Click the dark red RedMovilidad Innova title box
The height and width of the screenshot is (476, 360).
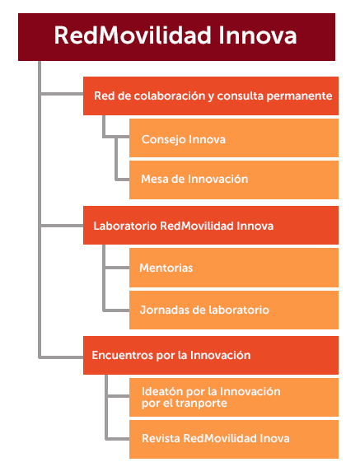[x=176, y=37]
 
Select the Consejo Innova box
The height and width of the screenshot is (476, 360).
[x=234, y=138]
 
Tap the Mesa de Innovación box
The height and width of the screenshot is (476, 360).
[x=234, y=180]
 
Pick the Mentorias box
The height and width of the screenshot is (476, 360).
[x=234, y=268]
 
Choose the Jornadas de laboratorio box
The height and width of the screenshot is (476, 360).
[x=234, y=310]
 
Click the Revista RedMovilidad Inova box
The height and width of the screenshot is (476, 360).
[x=234, y=439]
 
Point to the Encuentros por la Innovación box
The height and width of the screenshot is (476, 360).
[x=211, y=355]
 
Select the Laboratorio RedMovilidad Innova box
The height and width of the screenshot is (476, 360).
[x=211, y=226]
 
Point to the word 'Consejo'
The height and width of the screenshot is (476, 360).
[x=163, y=140]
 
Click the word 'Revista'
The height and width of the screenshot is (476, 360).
[x=161, y=438]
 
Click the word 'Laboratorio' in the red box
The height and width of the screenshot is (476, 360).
[x=125, y=226]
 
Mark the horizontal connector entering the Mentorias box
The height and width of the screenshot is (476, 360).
[x=117, y=268]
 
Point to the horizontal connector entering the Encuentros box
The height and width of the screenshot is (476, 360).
[x=61, y=357]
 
